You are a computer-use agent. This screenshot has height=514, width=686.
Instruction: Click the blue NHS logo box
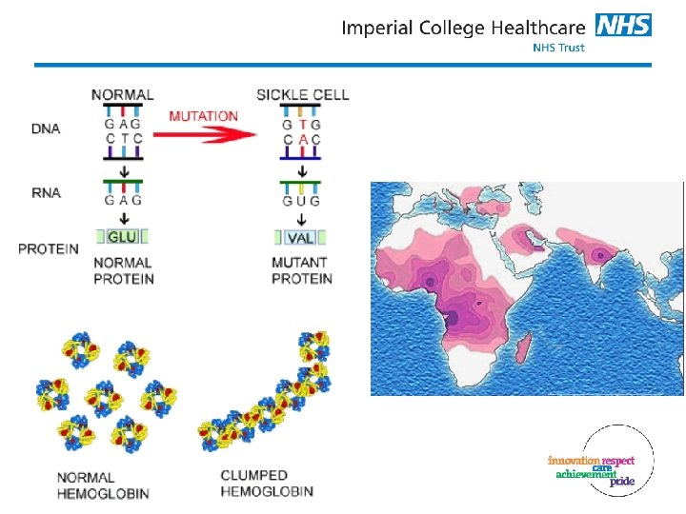click(x=623, y=25)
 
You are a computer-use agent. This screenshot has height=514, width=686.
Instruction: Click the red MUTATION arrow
click(x=205, y=134)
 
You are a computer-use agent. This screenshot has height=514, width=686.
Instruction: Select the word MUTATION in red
click(x=204, y=116)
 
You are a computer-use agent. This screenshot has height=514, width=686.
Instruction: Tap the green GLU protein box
click(x=122, y=236)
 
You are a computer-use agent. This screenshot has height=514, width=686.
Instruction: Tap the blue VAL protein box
click(x=300, y=238)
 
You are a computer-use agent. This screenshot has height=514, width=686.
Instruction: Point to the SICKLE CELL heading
click(x=303, y=95)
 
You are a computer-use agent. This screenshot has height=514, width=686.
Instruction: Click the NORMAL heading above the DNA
click(x=123, y=95)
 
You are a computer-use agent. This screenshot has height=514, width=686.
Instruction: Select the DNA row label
click(x=46, y=128)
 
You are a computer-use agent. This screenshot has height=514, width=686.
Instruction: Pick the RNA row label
click(x=46, y=192)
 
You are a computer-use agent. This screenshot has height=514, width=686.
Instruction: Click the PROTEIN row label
click(x=49, y=249)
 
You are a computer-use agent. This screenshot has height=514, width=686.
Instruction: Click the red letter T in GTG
click(x=302, y=125)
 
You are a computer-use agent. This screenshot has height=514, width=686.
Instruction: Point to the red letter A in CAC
click(x=303, y=140)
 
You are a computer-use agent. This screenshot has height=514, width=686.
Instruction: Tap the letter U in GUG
click(x=301, y=202)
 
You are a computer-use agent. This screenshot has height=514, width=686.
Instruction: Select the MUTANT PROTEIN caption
click(x=302, y=270)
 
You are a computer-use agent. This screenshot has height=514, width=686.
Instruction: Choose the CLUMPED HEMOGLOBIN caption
click(x=267, y=484)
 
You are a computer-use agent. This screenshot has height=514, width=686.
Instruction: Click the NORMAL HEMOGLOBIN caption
click(x=103, y=485)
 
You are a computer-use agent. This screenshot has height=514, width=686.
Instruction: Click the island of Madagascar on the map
click(x=524, y=348)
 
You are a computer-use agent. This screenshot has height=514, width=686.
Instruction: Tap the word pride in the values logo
click(x=622, y=482)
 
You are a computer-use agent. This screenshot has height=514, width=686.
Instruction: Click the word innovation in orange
click(x=574, y=461)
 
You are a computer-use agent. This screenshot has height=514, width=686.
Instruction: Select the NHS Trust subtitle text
click(x=558, y=48)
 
